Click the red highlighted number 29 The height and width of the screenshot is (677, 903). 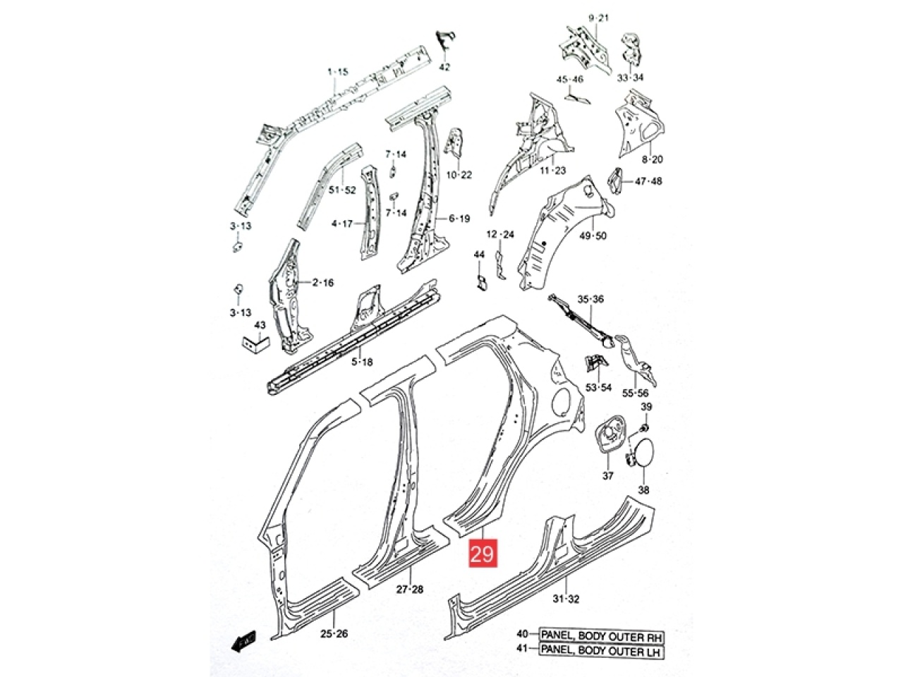pyautogui.click(x=483, y=554)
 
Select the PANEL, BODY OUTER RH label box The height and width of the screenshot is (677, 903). pyautogui.click(x=602, y=636)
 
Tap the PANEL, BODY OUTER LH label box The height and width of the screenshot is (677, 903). pyautogui.click(x=602, y=651)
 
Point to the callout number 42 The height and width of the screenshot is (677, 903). pyautogui.click(x=444, y=66)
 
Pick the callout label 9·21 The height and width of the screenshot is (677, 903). pyautogui.click(x=598, y=18)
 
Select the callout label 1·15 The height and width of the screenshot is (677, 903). pyautogui.click(x=337, y=72)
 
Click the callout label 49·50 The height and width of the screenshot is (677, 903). pyautogui.click(x=593, y=236)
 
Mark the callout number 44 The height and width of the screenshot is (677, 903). pyautogui.click(x=479, y=255)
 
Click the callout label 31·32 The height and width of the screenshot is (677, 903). pyautogui.click(x=566, y=599)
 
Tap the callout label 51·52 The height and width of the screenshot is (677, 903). pyautogui.click(x=342, y=190)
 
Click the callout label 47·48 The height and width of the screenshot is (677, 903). pyautogui.click(x=648, y=181)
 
